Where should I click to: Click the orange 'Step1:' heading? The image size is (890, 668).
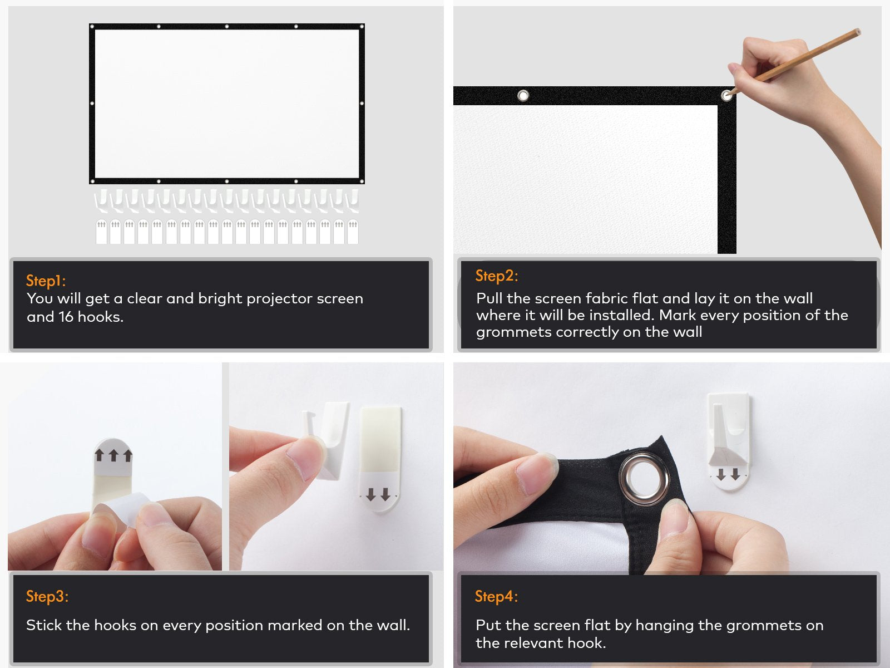point(46,280)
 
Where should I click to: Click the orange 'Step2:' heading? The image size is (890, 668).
point(496,276)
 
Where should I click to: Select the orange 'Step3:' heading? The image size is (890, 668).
point(47,596)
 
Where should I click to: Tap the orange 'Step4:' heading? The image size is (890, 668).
point(496,596)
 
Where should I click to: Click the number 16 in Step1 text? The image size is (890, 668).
point(66,317)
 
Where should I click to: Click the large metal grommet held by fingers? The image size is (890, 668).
point(644,479)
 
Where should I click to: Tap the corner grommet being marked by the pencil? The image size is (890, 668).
point(726,96)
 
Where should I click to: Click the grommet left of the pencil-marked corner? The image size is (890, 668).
point(523,96)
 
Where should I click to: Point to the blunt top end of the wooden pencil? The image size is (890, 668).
point(858,31)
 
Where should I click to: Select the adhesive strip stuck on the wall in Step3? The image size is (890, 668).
point(380,460)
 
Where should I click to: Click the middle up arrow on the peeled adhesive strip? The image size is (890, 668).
point(113,455)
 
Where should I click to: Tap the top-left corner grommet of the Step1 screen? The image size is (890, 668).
point(92,27)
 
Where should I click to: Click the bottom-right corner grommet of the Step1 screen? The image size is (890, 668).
point(361,181)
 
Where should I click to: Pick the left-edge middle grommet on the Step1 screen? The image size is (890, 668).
point(92,104)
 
